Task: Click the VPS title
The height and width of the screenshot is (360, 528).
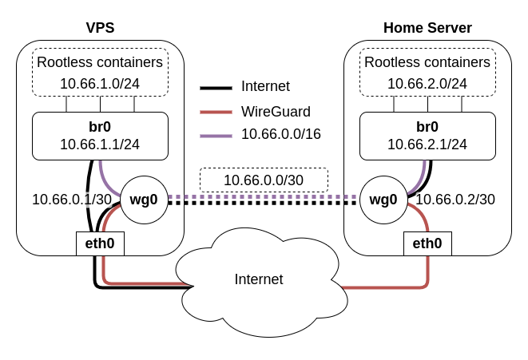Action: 100,28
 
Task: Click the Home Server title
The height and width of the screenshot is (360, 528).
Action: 427,28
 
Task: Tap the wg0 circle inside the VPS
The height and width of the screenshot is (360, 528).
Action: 144,200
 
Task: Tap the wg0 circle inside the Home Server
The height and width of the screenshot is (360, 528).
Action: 383,200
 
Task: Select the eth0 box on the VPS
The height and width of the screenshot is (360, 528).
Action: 101,243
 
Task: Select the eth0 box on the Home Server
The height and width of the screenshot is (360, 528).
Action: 427,243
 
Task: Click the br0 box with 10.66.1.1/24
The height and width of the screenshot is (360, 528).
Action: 100,136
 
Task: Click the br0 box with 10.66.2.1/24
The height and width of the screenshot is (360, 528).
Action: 427,136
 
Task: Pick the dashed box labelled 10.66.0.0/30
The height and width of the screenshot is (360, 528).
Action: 264,180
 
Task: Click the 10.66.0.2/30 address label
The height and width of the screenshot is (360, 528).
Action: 455,199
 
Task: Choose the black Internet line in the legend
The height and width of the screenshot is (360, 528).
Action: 216,87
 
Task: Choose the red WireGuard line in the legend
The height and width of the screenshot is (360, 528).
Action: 216,111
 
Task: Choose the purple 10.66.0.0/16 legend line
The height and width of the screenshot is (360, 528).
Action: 216,135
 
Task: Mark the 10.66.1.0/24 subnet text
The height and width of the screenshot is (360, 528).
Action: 100,83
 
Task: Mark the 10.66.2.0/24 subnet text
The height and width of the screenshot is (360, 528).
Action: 427,83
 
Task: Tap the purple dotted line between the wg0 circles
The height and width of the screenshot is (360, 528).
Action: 264,196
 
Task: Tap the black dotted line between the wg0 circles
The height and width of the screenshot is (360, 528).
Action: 264,203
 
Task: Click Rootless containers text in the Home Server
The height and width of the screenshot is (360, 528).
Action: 427,62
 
